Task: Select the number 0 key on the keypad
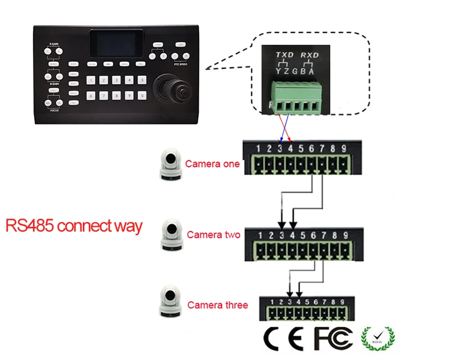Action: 142,95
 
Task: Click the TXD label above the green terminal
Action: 284,55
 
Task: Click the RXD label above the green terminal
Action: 310,55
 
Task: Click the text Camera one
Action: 212,164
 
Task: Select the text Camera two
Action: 213,235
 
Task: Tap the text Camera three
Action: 217,305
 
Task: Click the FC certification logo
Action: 333,339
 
